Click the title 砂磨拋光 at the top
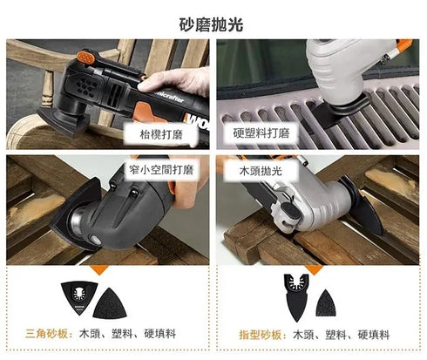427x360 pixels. (x=213, y=24)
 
